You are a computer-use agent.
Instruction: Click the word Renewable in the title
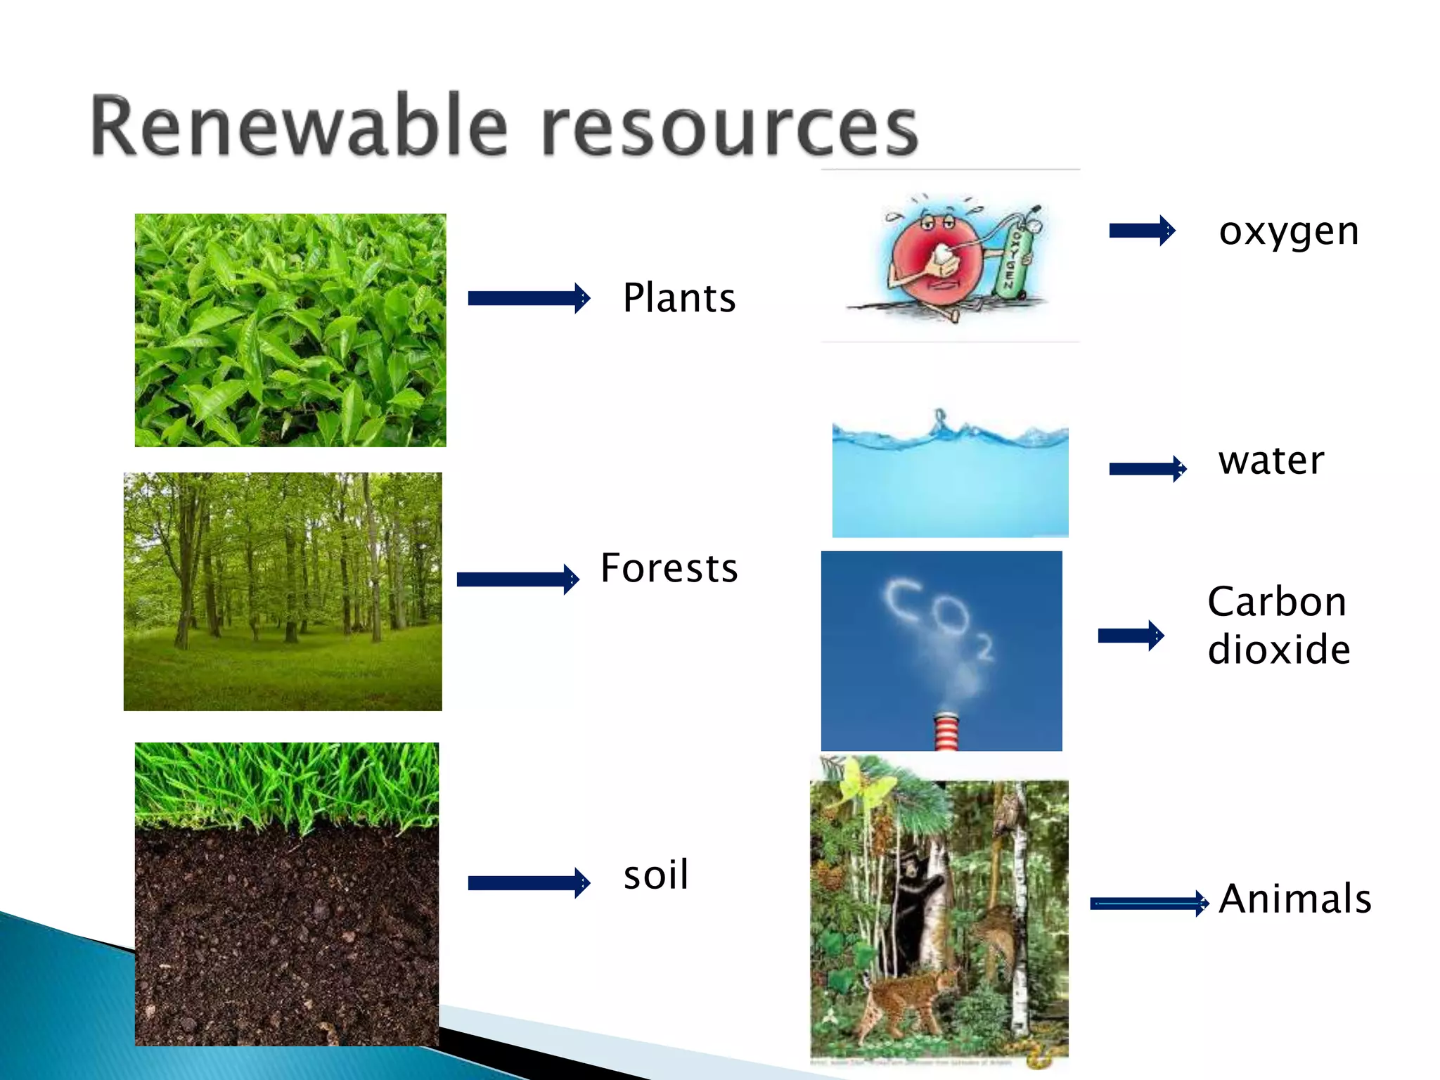(x=299, y=127)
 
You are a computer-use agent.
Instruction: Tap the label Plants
(x=679, y=297)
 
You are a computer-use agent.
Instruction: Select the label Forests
(x=669, y=568)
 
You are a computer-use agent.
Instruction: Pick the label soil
(x=656, y=875)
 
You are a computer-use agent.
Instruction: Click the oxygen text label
(x=1289, y=232)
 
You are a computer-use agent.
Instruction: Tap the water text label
(x=1271, y=461)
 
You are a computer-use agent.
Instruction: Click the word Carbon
(x=1277, y=602)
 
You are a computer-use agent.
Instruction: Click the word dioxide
(x=1279, y=649)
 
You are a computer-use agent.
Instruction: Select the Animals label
(x=1295, y=899)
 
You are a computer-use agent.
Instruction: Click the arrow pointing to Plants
(x=529, y=298)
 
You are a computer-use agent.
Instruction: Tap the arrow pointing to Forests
(x=517, y=579)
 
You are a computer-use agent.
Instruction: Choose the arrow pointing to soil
(x=529, y=883)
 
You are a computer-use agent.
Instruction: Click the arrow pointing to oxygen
(x=1142, y=231)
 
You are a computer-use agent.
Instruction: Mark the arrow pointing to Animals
(x=1149, y=904)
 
